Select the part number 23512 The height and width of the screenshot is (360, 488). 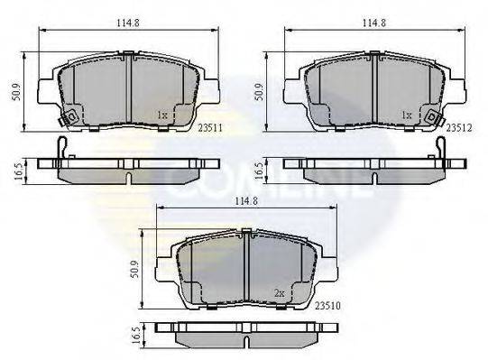pos(458,128)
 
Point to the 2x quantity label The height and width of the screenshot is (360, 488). pos(280,293)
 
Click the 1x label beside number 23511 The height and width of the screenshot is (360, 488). pos(163,115)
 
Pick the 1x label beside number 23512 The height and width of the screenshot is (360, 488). pos(407,115)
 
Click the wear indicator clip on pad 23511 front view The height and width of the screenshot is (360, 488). pos(67,118)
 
